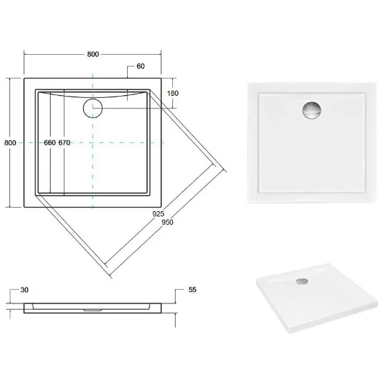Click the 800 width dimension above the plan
(x=93, y=54)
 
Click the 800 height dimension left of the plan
(x=10, y=142)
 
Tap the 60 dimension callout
(x=140, y=66)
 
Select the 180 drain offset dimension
(x=173, y=93)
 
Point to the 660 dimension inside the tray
(x=50, y=142)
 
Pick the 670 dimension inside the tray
(x=65, y=142)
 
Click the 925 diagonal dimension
(x=158, y=214)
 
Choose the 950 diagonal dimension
(x=167, y=222)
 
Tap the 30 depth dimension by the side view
(x=24, y=290)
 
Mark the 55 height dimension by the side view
(x=192, y=290)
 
